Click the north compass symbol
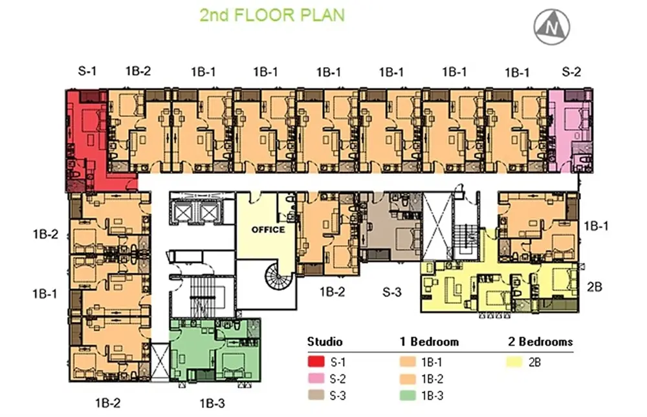[x=552, y=27]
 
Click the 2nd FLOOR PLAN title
[x=272, y=16]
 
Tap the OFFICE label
[x=269, y=230]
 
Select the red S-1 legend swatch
[x=316, y=362]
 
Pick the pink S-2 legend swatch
[x=316, y=379]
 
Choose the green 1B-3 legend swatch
[x=408, y=395]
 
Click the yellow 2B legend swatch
[x=514, y=362]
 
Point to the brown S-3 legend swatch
[x=316, y=395]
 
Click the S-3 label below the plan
[x=391, y=292]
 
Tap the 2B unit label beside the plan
[x=594, y=286]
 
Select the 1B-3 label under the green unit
[x=212, y=403]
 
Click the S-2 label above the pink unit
[x=571, y=72]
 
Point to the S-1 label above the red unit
[x=87, y=71]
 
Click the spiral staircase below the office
[x=280, y=275]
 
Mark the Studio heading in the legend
[x=325, y=342]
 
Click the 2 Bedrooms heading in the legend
[x=540, y=342]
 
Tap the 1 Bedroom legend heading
[x=429, y=342]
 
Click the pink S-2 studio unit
[x=571, y=131]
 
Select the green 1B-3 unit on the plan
[x=215, y=349]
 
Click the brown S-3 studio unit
[x=391, y=226]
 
